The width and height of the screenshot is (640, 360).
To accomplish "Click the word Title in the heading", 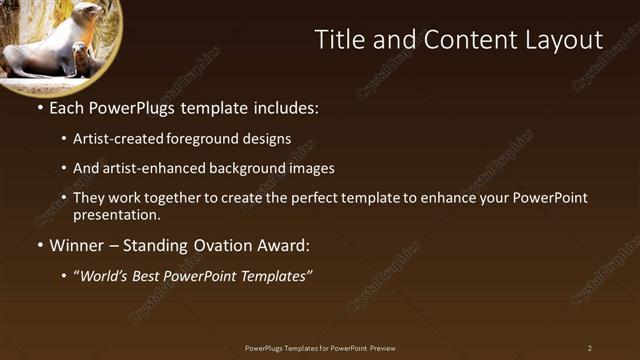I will point(338,40).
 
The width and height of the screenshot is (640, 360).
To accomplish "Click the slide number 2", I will point(589,348).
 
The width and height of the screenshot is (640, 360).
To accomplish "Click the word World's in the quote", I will point(105,276).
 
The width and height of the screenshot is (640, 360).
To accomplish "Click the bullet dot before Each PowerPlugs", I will point(39,107).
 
